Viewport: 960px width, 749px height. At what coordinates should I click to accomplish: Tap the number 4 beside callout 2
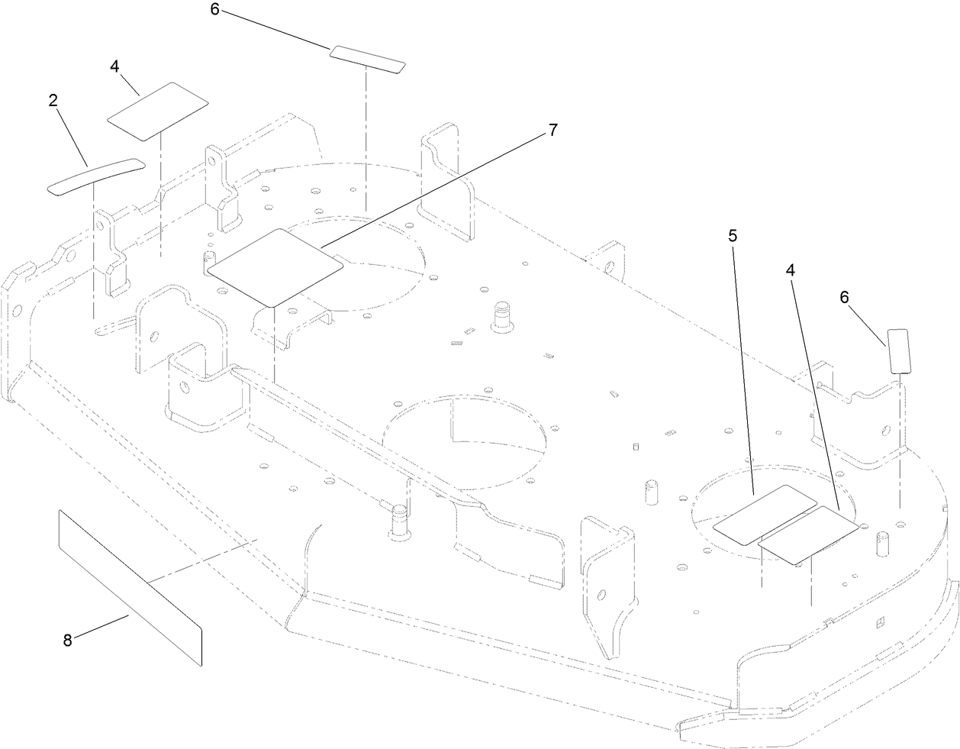[114, 66]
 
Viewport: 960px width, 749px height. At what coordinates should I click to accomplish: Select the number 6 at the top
[215, 11]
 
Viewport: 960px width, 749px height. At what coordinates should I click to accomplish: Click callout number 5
[733, 235]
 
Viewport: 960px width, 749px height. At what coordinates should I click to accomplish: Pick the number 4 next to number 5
[791, 270]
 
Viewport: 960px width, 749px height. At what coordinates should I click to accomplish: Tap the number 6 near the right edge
[844, 298]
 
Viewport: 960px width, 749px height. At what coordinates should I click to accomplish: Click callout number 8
[67, 641]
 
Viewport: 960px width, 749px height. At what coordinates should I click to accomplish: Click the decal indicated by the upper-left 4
[158, 111]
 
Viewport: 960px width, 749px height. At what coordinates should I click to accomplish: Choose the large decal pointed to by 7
[275, 265]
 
